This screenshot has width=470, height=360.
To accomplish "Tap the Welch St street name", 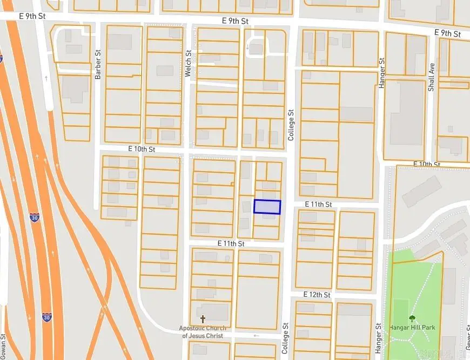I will pyautogui.click(x=188, y=64).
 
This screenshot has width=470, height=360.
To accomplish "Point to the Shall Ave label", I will pyautogui.click(x=431, y=78).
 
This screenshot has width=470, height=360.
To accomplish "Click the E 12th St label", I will pyautogui.click(x=317, y=295).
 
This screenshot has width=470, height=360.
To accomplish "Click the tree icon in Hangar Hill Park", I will pyautogui.click(x=412, y=318).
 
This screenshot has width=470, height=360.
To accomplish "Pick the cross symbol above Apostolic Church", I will pyautogui.click(x=203, y=320).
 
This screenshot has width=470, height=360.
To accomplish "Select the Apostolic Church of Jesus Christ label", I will pyautogui.click(x=203, y=332).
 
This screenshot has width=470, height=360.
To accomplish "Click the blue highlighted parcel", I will pyautogui.click(x=267, y=207).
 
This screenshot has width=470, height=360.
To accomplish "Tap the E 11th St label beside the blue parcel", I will pyautogui.click(x=318, y=204).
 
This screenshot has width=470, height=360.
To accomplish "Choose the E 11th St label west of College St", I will pyautogui.click(x=231, y=243).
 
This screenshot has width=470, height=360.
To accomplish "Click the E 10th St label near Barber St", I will pyautogui.click(x=142, y=148).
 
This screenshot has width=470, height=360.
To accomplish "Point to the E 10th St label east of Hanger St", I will pyautogui.click(x=427, y=164).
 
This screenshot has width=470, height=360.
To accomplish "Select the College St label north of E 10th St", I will pyautogui.click(x=291, y=126).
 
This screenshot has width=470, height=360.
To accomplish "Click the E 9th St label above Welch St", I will pyautogui.click(x=235, y=21).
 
